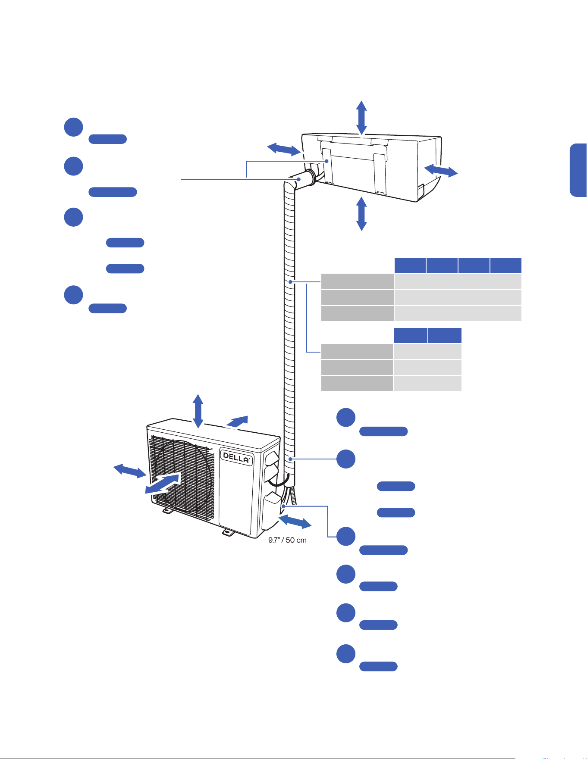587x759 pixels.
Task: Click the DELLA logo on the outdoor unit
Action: point(236,457)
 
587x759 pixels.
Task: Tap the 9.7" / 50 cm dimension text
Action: point(287,540)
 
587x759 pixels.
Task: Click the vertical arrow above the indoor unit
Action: point(361,118)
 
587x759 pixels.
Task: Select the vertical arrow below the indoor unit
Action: point(361,214)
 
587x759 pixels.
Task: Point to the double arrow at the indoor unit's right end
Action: point(441,171)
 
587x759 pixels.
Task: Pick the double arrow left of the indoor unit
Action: point(284,149)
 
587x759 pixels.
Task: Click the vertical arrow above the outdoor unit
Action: point(198,411)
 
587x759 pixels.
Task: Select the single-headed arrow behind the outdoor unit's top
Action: point(238,421)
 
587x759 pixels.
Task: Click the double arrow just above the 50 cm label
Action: point(295,522)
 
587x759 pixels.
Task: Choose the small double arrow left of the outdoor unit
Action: point(130,471)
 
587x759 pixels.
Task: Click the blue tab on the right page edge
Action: point(578,170)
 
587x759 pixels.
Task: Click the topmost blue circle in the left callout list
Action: point(74,127)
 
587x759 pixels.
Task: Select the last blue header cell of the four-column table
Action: point(506,265)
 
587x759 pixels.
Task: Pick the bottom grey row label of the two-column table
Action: point(357,383)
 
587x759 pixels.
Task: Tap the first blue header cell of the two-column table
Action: point(411,335)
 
